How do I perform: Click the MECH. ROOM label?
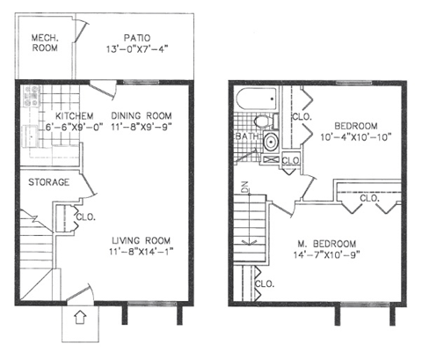pos(44,42)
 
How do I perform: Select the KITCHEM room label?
pos(75,116)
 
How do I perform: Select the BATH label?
pos(245,137)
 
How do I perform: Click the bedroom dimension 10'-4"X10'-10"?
pos(353,136)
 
